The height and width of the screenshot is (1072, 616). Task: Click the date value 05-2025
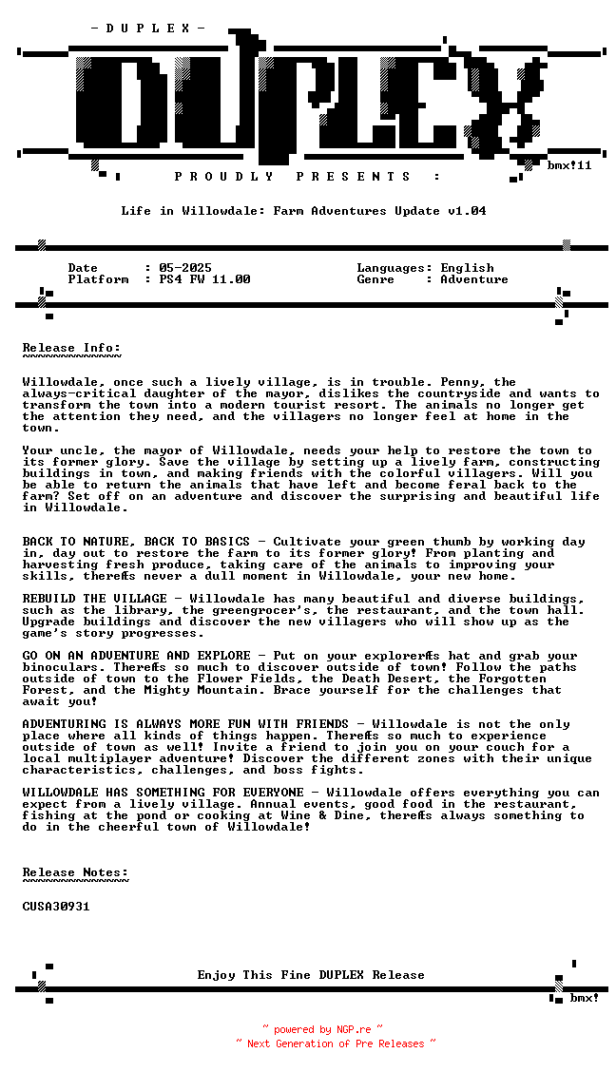pyautogui.click(x=185, y=268)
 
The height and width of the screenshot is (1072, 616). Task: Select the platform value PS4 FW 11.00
pyautogui.click(x=204, y=279)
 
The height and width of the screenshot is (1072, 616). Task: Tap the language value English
pyautogui.click(x=467, y=268)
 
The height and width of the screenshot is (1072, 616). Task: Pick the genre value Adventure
pyautogui.click(x=473, y=279)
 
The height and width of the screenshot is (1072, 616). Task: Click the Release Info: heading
pyautogui.click(x=72, y=348)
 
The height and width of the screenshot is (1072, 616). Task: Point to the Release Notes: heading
pyautogui.click(x=75, y=872)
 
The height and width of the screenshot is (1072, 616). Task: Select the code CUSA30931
pyautogui.click(x=56, y=907)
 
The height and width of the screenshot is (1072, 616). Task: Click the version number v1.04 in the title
pyautogui.click(x=467, y=211)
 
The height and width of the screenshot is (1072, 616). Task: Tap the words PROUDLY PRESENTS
pyautogui.click(x=293, y=177)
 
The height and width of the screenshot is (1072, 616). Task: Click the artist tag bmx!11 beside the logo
pyautogui.click(x=569, y=165)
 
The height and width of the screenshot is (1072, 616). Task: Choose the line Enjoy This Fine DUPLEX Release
pyautogui.click(x=311, y=975)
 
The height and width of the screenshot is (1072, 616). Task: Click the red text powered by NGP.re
pyautogui.click(x=322, y=1029)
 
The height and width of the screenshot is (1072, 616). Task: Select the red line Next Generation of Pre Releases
pyautogui.click(x=336, y=1043)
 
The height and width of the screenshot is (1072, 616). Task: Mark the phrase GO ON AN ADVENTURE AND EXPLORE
pyautogui.click(x=136, y=656)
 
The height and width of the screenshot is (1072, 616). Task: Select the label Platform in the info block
pyautogui.click(x=98, y=279)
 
